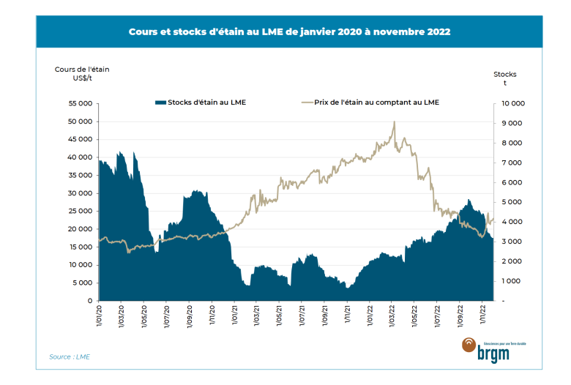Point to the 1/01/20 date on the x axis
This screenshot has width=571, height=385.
click(x=98, y=317)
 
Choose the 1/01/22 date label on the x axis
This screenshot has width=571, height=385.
click(x=370, y=317)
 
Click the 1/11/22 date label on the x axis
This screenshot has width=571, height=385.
click(x=484, y=317)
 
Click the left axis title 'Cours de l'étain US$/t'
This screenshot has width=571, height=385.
click(x=82, y=74)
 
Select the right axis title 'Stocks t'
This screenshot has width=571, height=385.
click(x=504, y=78)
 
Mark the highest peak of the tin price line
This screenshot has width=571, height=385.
click(x=394, y=122)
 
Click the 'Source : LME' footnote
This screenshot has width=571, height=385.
click(x=70, y=357)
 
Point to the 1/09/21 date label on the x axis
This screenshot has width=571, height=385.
click(x=325, y=317)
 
